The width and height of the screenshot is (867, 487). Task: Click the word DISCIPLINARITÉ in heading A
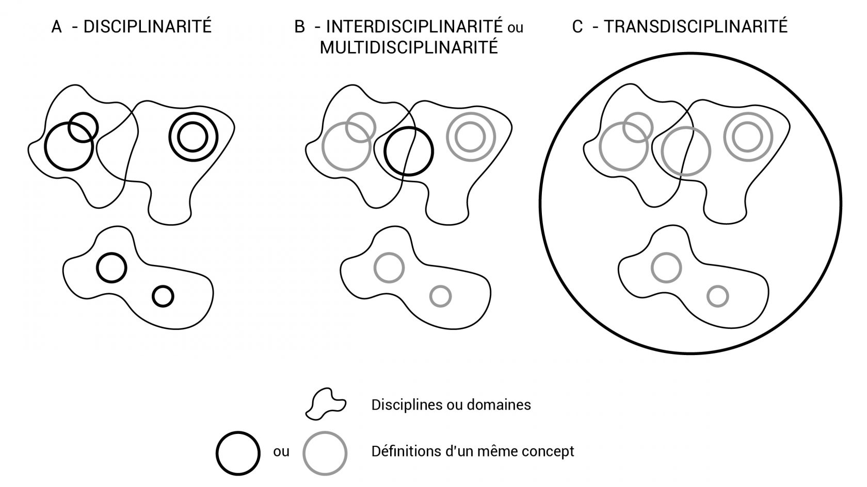point(148,27)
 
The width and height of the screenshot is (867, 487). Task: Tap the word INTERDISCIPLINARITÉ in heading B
point(414,27)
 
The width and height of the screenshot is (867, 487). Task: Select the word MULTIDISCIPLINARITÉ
point(409,47)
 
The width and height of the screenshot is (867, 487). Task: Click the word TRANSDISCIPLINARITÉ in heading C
point(696,27)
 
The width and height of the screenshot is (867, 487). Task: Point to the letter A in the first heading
point(57,27)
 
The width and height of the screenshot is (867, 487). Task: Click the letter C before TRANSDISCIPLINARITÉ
point(577,27)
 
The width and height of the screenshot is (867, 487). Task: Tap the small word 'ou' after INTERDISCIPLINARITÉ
point(515,28)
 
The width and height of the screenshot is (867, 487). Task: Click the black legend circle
point(238,453)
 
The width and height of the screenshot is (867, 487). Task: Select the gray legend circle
point(325,453)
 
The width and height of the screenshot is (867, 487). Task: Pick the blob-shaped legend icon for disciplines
point(326,404)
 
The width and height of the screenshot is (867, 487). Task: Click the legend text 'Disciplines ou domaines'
point(451,405)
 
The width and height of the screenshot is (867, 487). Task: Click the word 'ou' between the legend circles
point(281,452)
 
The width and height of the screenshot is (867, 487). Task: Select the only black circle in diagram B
point(409,151)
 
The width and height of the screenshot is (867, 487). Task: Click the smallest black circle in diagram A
point(163,296)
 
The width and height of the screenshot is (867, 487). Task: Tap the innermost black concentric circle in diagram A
point(193,137)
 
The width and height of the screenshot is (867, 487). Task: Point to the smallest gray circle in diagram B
point(441,296)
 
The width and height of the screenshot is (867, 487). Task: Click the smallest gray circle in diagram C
point(718,296)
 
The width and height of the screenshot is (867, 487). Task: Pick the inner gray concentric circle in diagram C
point(748,137)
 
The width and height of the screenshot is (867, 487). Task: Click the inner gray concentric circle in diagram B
point(470,137)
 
